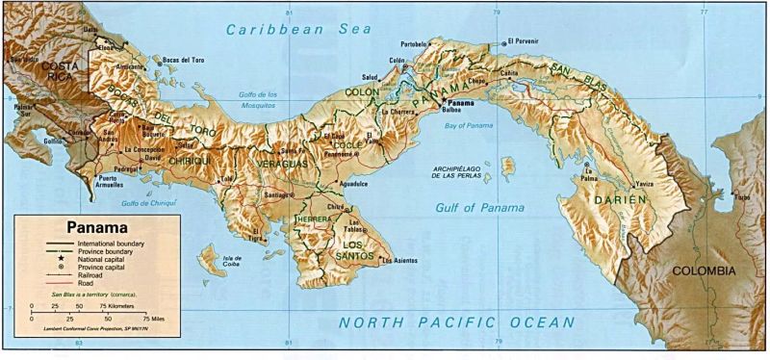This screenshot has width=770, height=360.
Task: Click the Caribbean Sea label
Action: click(298, 30)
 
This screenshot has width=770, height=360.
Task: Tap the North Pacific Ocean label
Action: click(457, 323)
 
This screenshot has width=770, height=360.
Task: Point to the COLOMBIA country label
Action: click(704, 271)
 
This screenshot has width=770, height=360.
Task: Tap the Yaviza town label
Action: click(645, 183)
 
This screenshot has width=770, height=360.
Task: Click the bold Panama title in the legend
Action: click(96, 228)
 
